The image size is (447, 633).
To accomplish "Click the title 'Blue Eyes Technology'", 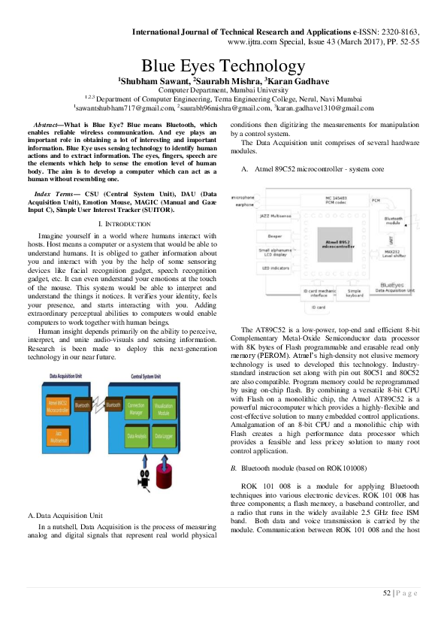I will pos(223,66).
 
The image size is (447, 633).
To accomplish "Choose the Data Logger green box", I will pos(165,435).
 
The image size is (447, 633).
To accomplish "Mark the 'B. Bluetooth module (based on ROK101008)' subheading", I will pos(300,447).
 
